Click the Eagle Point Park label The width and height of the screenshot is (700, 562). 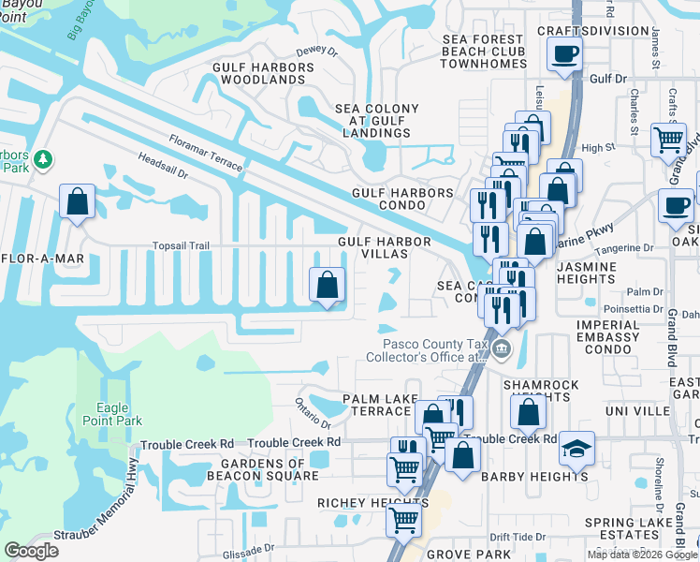(119, 414)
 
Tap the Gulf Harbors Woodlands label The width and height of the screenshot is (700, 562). (263, 74)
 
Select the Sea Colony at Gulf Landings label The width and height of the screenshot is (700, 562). (373, 121)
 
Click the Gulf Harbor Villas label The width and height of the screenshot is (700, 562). (385, 247)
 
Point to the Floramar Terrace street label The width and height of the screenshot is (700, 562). (206, 154)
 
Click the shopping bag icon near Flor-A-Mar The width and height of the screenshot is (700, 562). (77, 200)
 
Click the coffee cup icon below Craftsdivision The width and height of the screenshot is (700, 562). (564, 53)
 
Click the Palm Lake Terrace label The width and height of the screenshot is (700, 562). (377, 406)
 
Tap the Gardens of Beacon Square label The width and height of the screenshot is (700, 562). (270, 469)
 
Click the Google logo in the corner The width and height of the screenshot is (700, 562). (32, 551)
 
